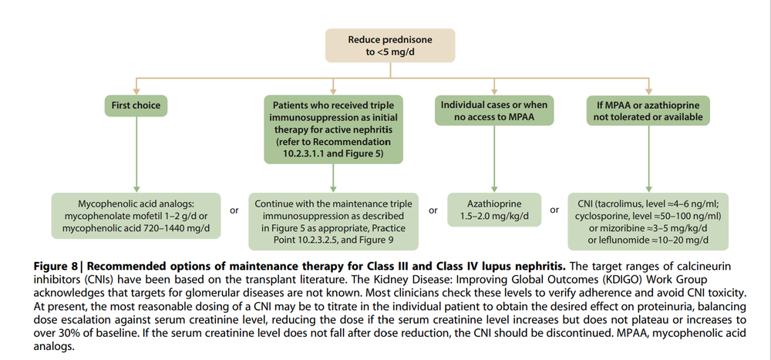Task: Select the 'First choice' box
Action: point(137,105)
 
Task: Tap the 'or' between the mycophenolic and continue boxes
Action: point(234,210)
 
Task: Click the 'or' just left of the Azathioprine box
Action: point(433,210)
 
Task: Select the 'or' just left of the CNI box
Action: point(554,210)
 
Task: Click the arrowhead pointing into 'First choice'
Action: point(137,89)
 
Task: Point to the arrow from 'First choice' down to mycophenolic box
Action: point(137,154)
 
